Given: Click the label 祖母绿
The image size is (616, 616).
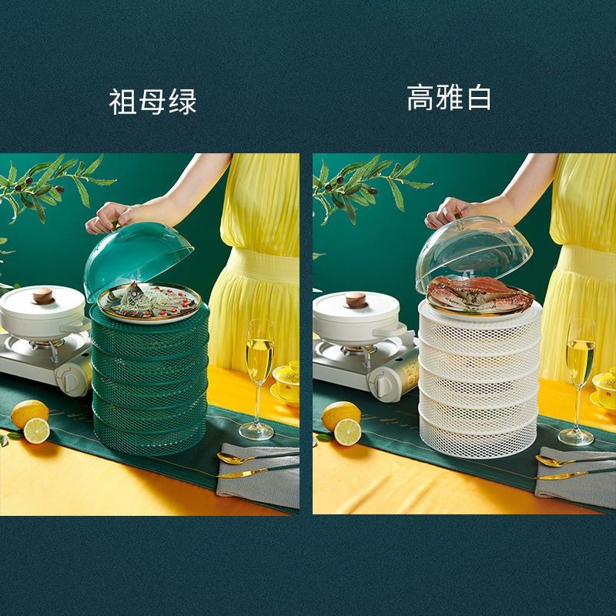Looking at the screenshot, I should click(153, 102).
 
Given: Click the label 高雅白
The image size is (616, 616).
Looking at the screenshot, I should click(449, 99).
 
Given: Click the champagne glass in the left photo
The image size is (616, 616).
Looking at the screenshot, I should click(259, 370).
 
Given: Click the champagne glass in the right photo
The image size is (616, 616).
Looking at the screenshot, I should click(580, 370).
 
